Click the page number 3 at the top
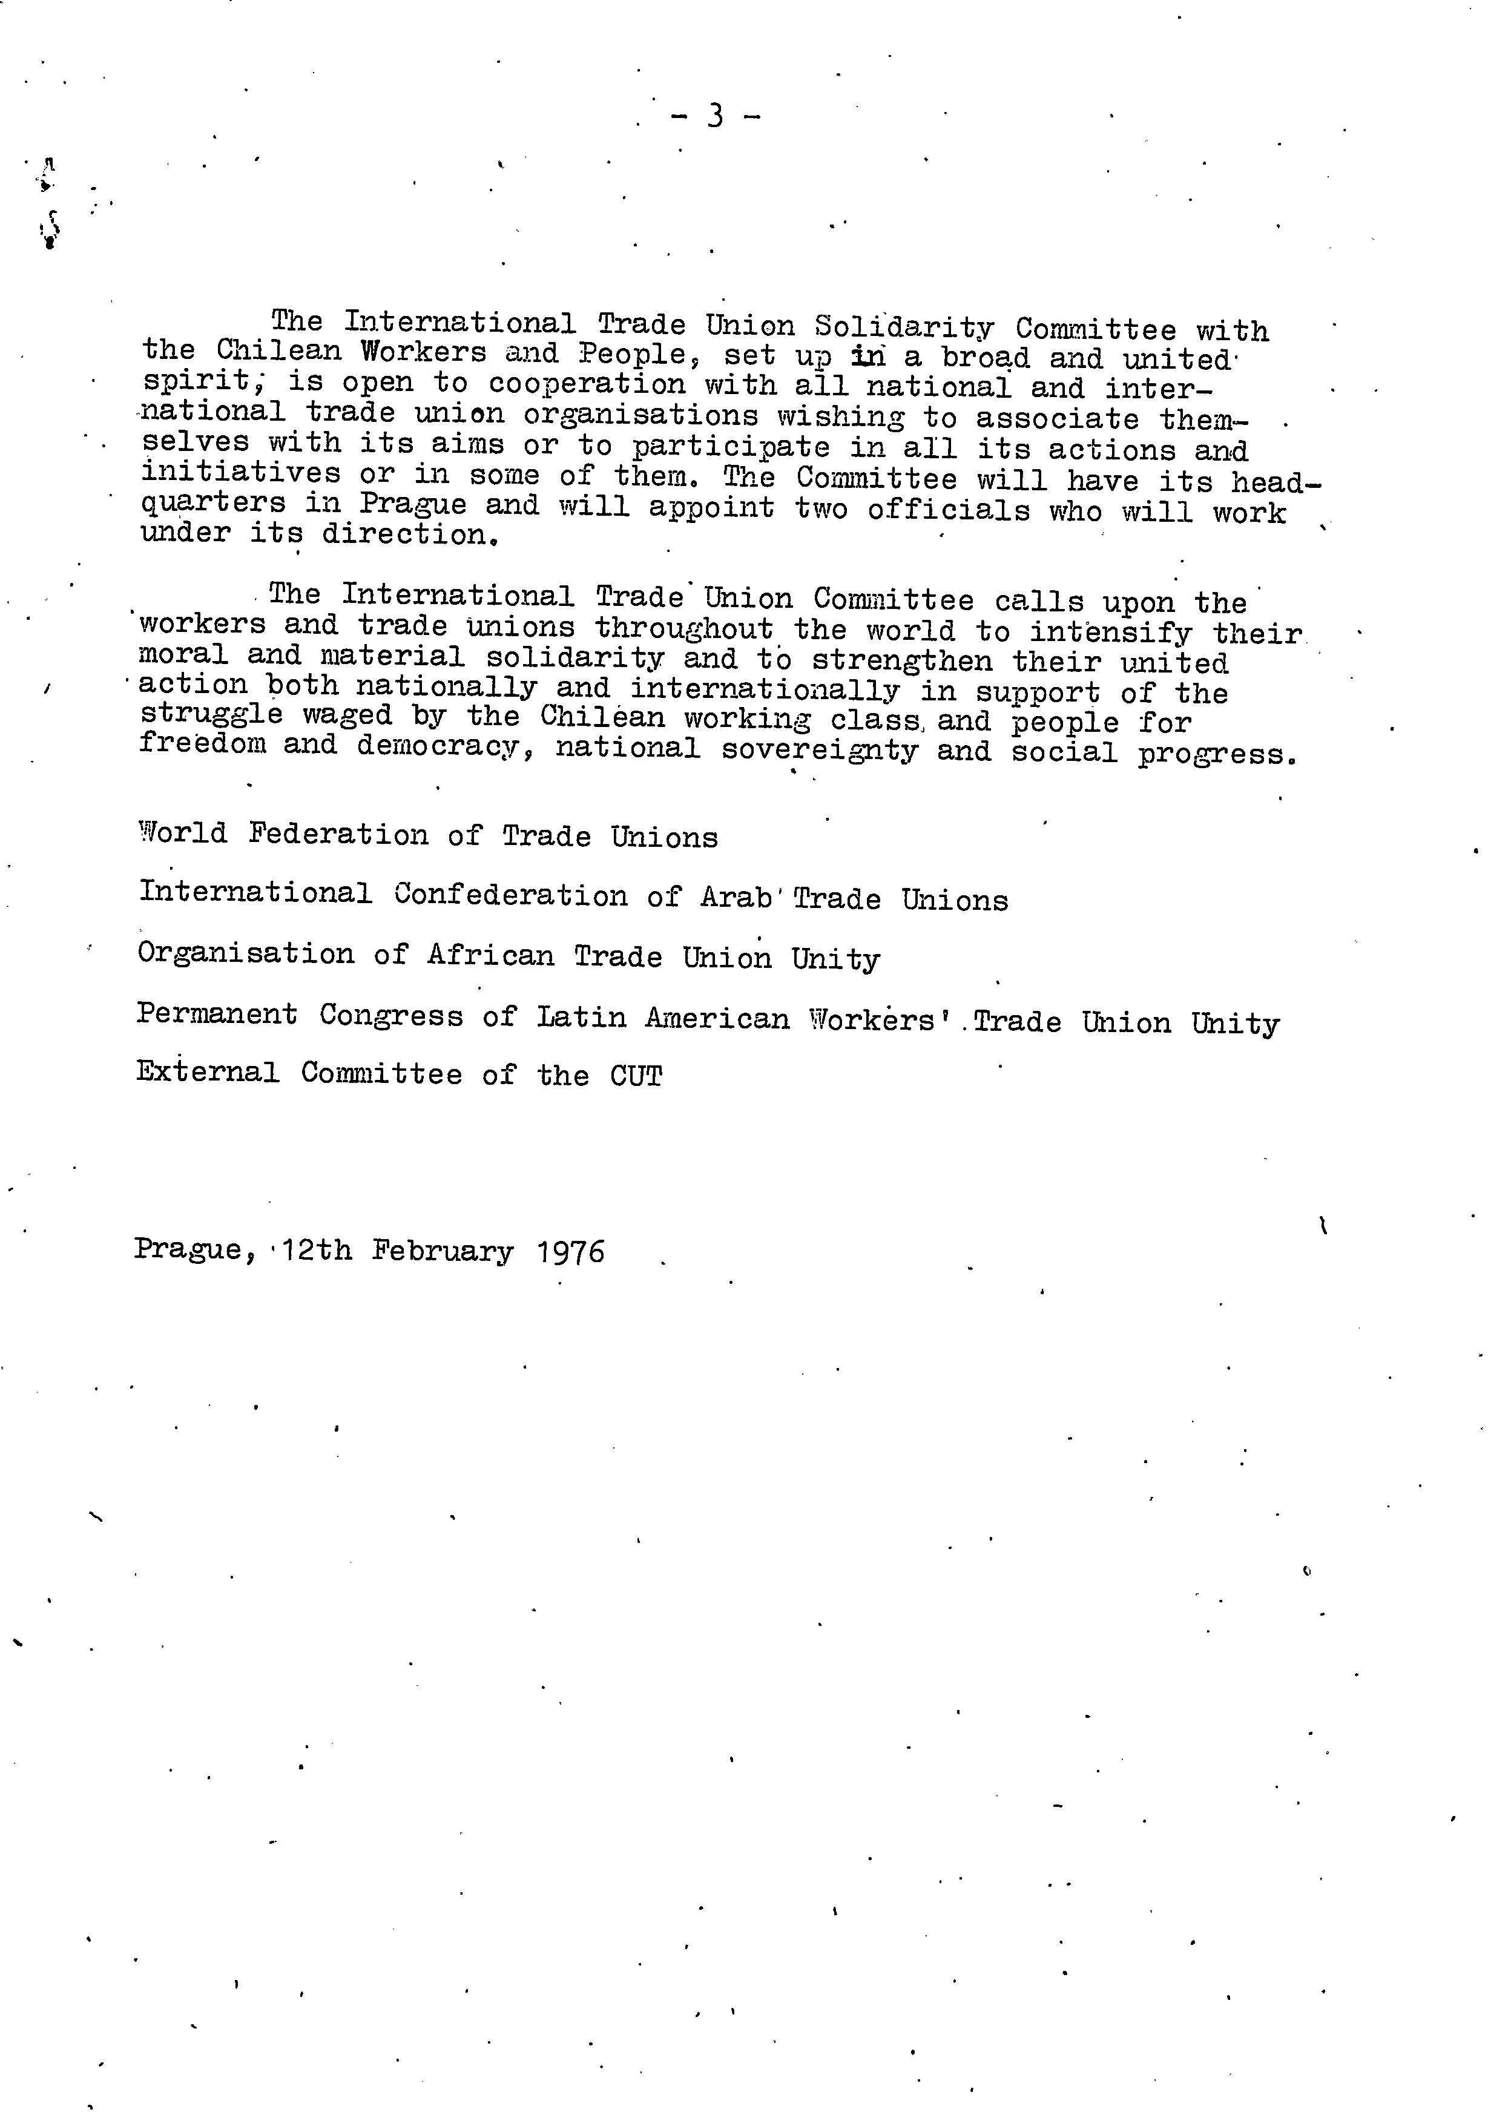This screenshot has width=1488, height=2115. (x=715, y=116)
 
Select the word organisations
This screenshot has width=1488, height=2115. (x=641, y=415)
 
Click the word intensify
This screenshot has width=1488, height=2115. (x=1109, y=632)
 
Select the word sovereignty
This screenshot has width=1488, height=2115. (x=819, y=750)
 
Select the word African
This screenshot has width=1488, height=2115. (x=490, y=956)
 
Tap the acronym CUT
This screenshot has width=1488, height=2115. (x=636, y=1076)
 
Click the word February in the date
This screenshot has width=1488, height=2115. (x=443, y=1252)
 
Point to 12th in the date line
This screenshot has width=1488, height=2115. (x=317, y=1250)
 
